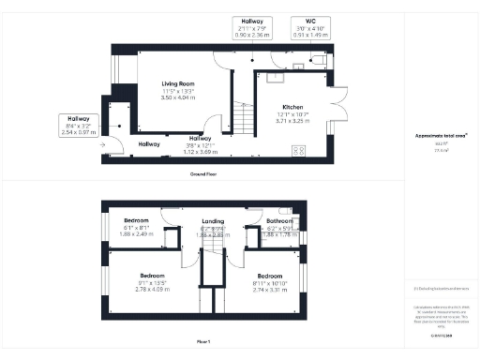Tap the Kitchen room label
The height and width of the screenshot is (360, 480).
[278, 108]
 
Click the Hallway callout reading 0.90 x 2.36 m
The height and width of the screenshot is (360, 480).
[250, 25]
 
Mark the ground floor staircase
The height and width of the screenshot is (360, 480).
[243, 119]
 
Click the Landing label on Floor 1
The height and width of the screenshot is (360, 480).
[213, 221]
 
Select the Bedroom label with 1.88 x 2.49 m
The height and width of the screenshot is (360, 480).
[137, 221]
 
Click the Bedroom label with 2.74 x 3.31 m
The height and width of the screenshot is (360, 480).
[269, 276]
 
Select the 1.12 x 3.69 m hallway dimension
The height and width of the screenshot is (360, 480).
[201, 151]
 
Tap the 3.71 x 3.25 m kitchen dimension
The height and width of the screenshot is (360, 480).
[278, 121]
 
